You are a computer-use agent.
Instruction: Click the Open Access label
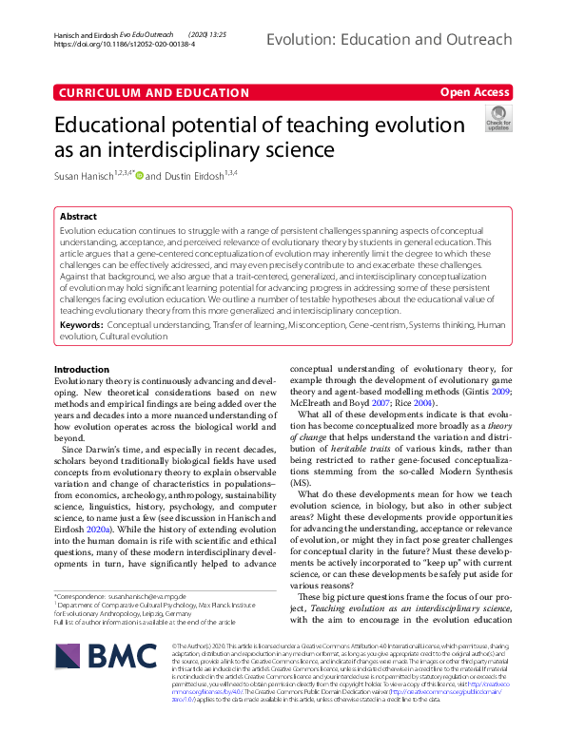pos(476,92)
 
